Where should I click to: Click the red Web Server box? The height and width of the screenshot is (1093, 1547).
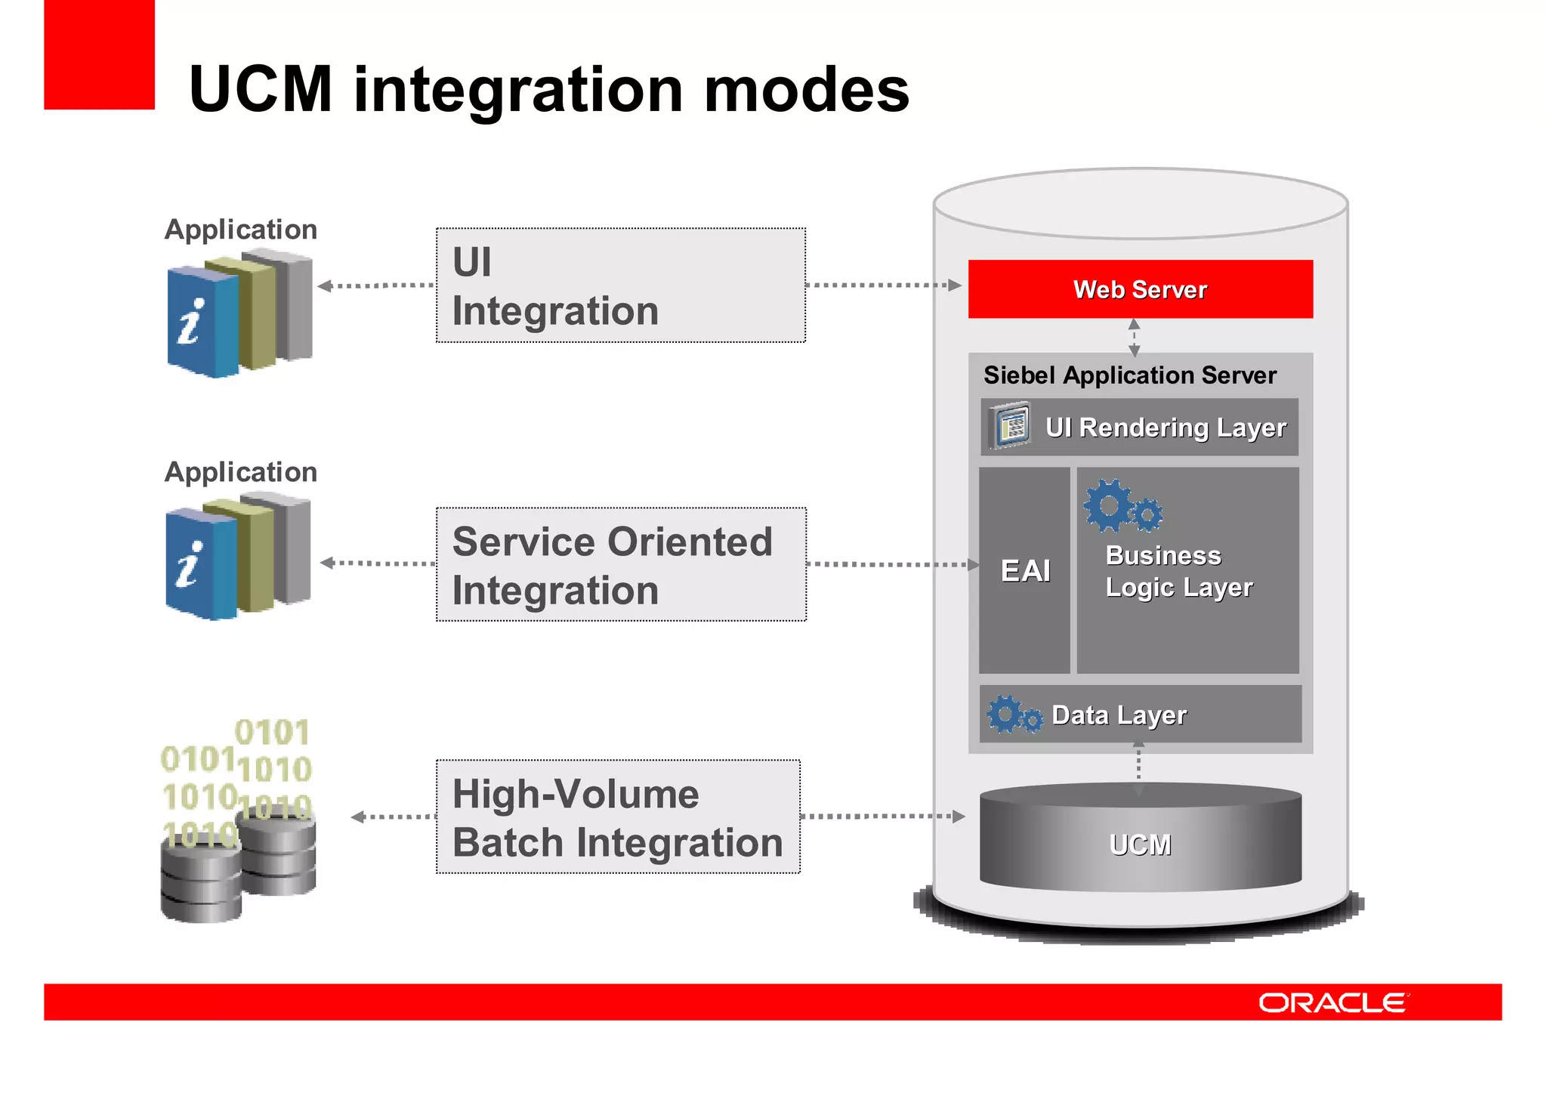(x=1140, y=289)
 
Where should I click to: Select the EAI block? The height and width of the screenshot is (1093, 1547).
(x=1024, y=570)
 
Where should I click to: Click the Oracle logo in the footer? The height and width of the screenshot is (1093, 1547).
(x=1332, y=1002)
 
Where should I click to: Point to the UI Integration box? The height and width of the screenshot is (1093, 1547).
(x=620, y=286)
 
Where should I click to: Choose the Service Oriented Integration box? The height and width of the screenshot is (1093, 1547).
(x=620, y=564)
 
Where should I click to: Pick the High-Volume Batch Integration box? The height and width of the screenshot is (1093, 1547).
(x=618, y=817)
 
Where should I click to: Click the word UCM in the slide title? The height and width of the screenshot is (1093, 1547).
(x=261, y=89)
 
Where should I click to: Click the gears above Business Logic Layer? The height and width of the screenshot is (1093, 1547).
(x=1122, y=506)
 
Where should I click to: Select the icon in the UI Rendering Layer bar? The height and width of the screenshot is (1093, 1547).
(x=1011, y=427)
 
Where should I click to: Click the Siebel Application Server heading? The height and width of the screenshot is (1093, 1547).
(x=1129, y=375)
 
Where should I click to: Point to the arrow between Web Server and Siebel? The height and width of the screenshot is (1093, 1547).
(x=1134, y=337)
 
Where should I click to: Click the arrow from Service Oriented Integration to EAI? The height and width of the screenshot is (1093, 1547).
(x=891, y=564)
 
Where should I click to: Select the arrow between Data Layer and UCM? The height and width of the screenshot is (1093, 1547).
(x=1138, y=769)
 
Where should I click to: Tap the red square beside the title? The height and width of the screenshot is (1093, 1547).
(x=99, y=54)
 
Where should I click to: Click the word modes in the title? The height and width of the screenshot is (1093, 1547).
(x=806, y=89)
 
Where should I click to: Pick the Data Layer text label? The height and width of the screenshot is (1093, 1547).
(x=1119, y=715)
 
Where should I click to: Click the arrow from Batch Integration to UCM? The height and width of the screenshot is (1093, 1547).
(x=882, y=817)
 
